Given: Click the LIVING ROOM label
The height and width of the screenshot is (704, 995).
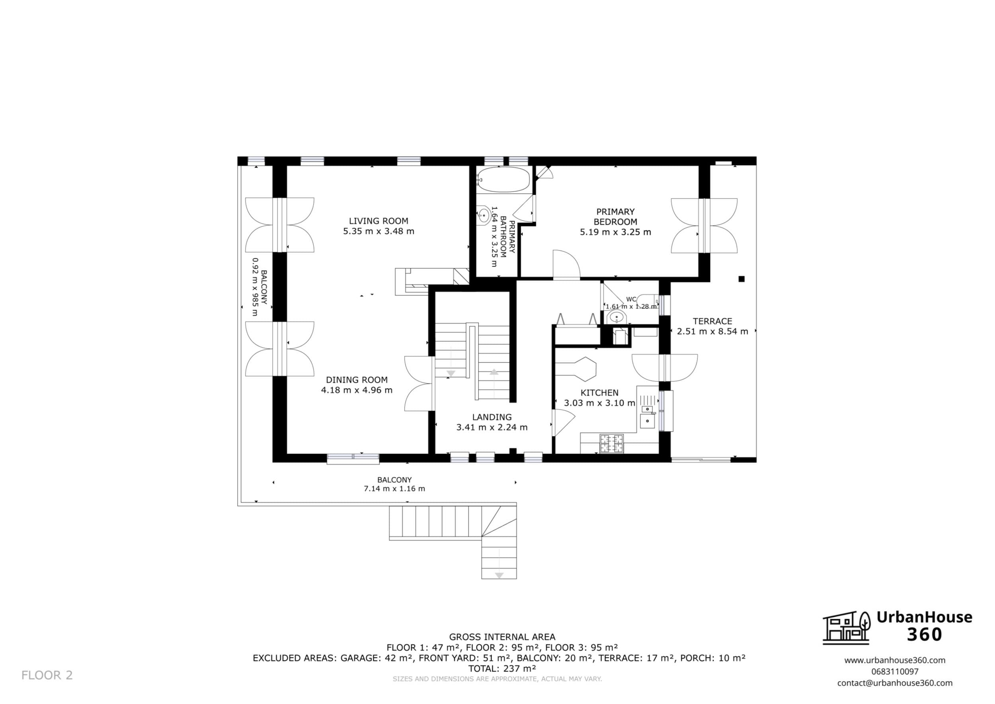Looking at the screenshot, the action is tap(378, 221).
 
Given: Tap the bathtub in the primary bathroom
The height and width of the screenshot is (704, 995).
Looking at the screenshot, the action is tap(503, 180).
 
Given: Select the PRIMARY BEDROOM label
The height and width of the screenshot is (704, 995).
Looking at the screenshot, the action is tap(615, 217).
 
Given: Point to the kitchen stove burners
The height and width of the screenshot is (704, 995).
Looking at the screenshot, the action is tap(611, 443).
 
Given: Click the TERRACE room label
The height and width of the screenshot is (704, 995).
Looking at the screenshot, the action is tap(712, 321).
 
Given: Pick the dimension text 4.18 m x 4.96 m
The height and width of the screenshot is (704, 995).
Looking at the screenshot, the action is tap(357, 390).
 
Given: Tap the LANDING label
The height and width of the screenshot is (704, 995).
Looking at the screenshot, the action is tap(492, 417).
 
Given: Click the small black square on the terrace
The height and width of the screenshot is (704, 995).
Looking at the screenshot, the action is tap(741, 279).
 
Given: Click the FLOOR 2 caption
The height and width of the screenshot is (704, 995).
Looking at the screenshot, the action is tap(47, 675).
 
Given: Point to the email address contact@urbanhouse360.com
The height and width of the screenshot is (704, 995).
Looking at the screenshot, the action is tap(895, 683).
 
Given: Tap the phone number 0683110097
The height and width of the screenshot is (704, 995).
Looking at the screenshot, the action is tap(895, 671).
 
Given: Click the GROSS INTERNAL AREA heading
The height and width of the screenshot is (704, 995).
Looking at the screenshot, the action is tap(502, 637).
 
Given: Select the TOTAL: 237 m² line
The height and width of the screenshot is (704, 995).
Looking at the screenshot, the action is tap(502, 669).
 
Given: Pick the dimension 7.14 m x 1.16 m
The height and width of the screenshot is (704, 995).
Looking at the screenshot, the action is tap(394, 489).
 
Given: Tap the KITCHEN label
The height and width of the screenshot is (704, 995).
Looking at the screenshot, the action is tap(599, 393).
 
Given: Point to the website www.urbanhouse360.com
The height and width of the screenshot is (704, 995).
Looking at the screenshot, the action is tap(895, 660).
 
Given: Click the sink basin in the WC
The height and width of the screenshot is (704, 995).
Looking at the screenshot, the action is tap(616, 317).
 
